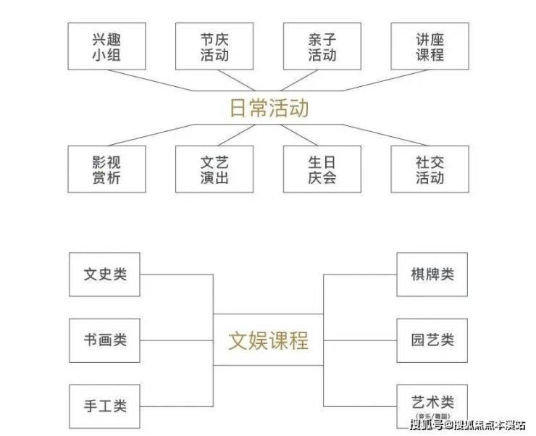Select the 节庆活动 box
point(214,46)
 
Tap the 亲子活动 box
point(322,46)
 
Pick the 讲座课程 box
point(430,46)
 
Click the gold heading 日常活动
point(269,108)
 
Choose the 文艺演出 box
point(214,169)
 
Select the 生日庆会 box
point(322,169)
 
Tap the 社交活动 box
point(430,169)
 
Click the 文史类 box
point(104,274)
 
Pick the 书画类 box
point(104,339)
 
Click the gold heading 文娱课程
point(269,340)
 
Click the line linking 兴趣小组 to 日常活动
point(167,81)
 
